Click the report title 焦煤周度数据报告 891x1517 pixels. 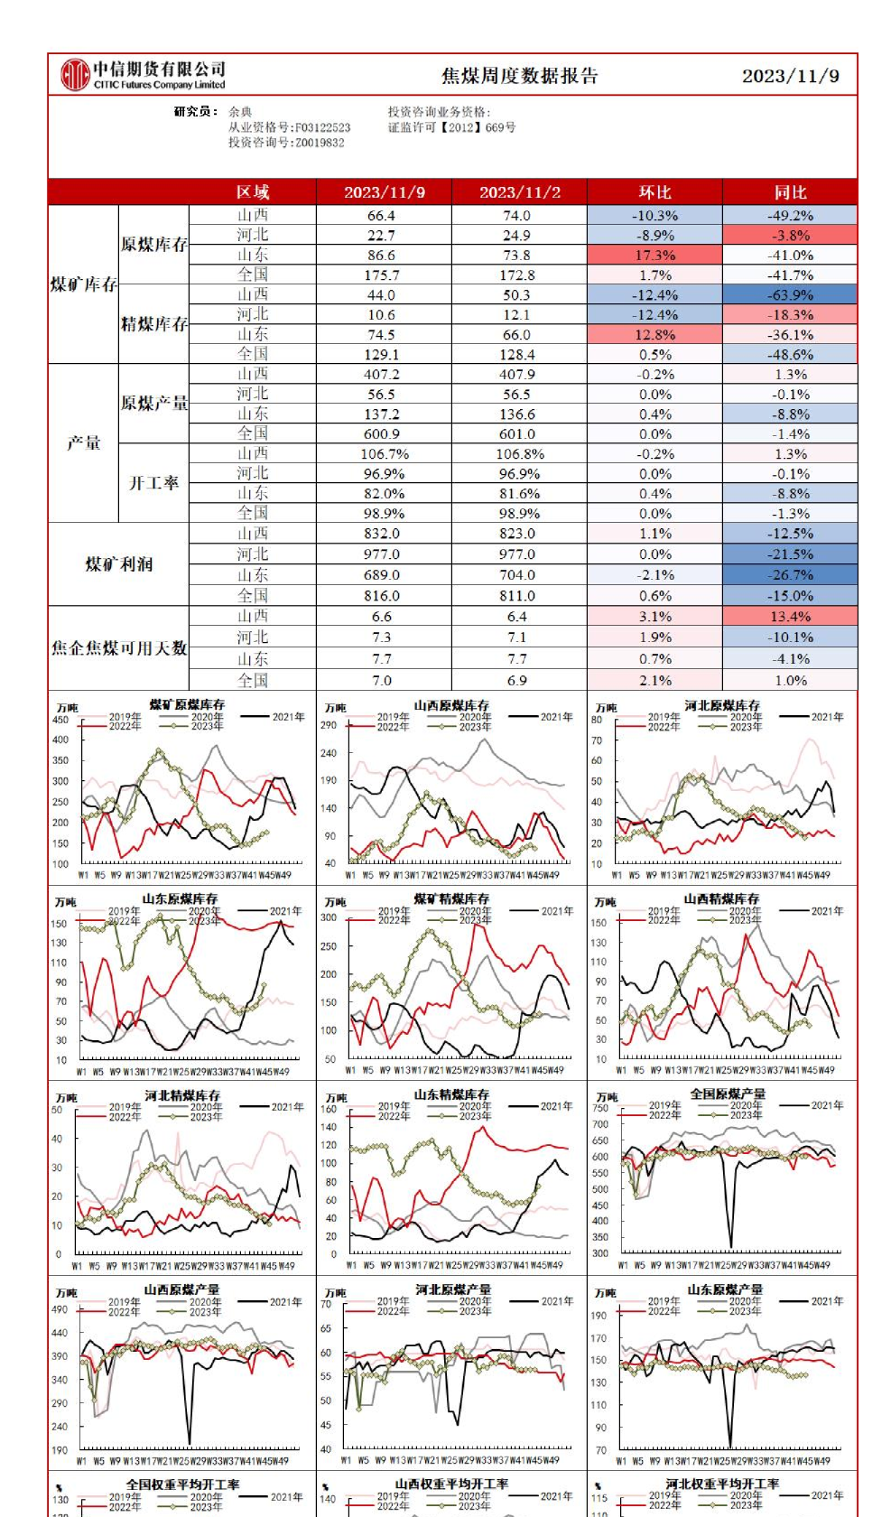pos(519,76)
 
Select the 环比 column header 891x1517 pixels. pos(654,192)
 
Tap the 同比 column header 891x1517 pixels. pos(790,192)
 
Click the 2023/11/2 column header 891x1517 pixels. pos(519,192)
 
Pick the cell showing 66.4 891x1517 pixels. pos(381,216)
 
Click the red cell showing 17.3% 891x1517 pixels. pos(654,256)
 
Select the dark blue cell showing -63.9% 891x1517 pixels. pos(791,295)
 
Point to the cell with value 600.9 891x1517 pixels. pos(381,434)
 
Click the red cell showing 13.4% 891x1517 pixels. pos(790,617)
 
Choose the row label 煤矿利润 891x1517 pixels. pos(118,564)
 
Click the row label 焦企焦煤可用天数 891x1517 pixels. pos(118,648)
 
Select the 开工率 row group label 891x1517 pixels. pos(153,483)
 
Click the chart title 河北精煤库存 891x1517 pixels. pos(182,1095)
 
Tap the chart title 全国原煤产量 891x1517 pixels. pos(728,1094)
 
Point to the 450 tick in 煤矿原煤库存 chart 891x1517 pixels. pos(60,720)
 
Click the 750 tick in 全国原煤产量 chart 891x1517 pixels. pos(600,1108)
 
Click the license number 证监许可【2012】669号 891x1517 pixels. pos(451,127)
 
